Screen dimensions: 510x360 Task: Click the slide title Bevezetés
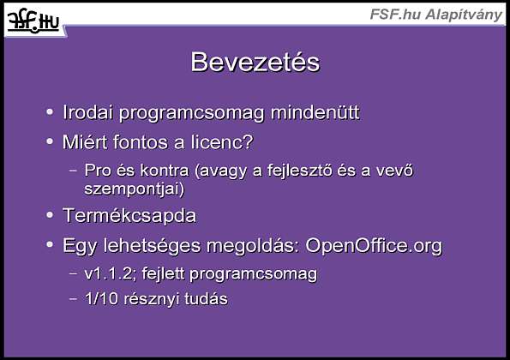[255, 62]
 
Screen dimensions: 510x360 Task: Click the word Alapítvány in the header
[464, 15]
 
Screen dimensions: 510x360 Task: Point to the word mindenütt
[315, 112]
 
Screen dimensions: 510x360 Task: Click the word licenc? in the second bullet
[222, 142]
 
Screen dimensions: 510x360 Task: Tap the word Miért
[85, 142]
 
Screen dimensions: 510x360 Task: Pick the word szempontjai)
[135, 189]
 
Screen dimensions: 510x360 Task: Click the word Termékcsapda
[129, 215]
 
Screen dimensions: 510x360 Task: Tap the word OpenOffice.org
[374, 245]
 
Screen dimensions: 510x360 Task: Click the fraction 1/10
[101, 298]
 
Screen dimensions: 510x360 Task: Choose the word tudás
[207, 298]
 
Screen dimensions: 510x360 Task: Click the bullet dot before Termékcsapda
[50, 215]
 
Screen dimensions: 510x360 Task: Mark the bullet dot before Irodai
[50, 112]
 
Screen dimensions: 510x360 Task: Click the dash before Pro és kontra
[73, 170]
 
